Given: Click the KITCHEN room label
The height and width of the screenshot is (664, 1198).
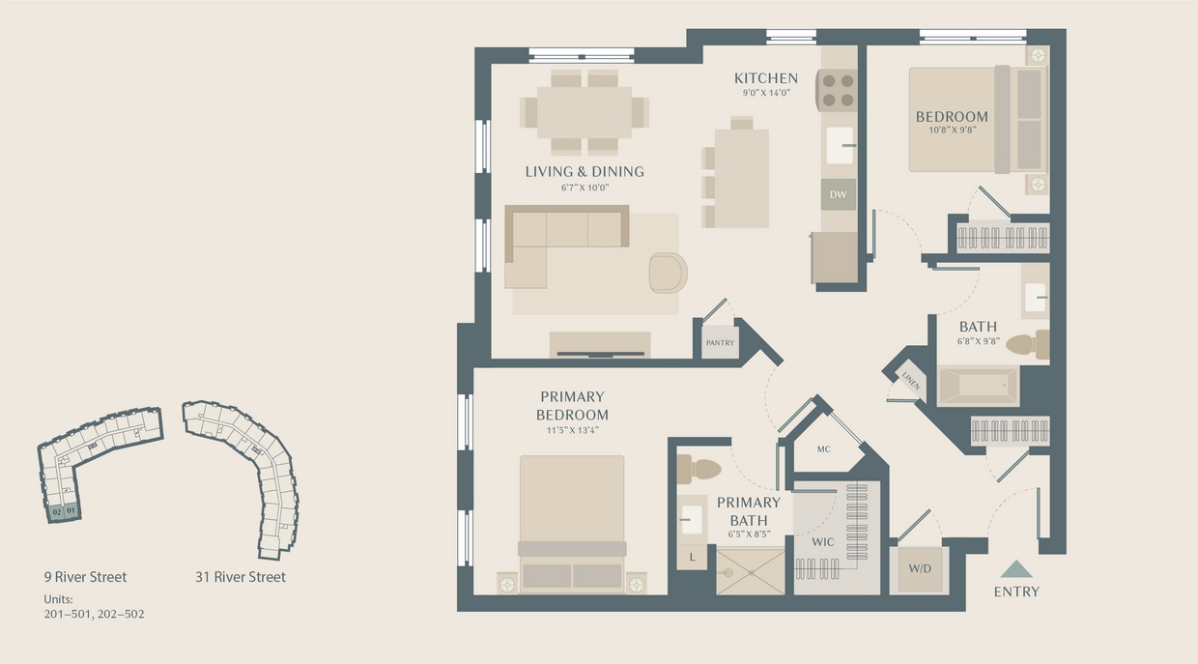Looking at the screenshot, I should coord(765,78).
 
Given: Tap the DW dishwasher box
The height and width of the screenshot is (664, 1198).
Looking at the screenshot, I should coord(838,194).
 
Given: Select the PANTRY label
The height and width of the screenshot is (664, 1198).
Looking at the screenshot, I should coord(720,342).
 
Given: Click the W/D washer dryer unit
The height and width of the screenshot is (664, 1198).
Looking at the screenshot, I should coord(919,569).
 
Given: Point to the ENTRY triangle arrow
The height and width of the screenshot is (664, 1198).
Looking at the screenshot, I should coord(1016,569).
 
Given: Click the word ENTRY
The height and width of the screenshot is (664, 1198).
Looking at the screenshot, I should coord(1016,592).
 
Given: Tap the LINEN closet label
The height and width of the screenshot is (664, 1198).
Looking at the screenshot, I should coord(910,381).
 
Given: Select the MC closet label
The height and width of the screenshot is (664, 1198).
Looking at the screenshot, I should coord(823,449).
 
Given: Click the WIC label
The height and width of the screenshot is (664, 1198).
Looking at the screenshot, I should coord(822,542).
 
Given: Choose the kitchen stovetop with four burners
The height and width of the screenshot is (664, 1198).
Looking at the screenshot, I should coord(838,90).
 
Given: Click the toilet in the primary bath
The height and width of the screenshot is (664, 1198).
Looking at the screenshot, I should coord(699,470).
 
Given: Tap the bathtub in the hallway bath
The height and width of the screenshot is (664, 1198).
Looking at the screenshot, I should coord(978,386).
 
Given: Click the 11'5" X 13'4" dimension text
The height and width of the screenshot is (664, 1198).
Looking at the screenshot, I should coord(572,430).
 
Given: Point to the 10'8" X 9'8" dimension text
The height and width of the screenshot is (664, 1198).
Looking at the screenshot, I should coord(952,130).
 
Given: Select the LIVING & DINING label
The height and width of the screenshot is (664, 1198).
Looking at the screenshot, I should coord(585,172).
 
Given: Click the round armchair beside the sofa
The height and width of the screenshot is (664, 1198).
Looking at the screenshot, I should coord(668,273).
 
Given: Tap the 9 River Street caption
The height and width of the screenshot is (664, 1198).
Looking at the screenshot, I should coord(85,577).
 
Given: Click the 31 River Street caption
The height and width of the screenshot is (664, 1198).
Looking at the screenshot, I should coord(241,577).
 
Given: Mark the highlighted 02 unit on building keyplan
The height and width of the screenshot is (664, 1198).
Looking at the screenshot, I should coord(58,510).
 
